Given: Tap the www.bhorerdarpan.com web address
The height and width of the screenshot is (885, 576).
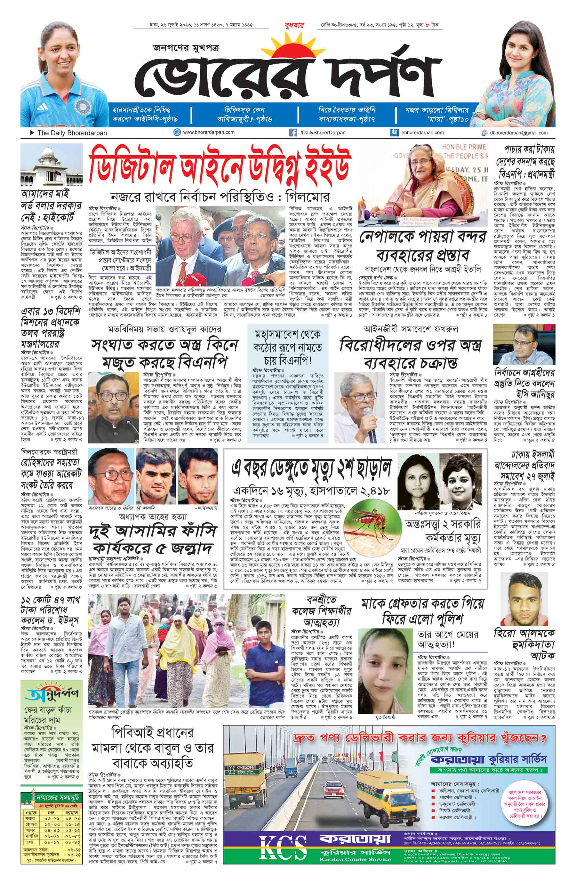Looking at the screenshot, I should click(x=208, y=132).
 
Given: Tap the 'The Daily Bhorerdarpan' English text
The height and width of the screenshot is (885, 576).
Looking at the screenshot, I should click(x=72, y=133).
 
